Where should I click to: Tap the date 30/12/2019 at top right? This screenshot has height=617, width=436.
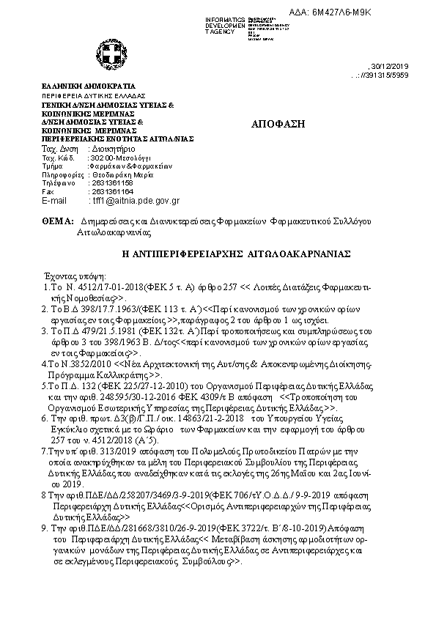(396, 66)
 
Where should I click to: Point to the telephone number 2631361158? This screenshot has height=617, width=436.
(107, 183)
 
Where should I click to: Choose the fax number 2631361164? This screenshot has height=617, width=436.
(107, 191)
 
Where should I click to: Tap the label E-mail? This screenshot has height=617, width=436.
(54, 200)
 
